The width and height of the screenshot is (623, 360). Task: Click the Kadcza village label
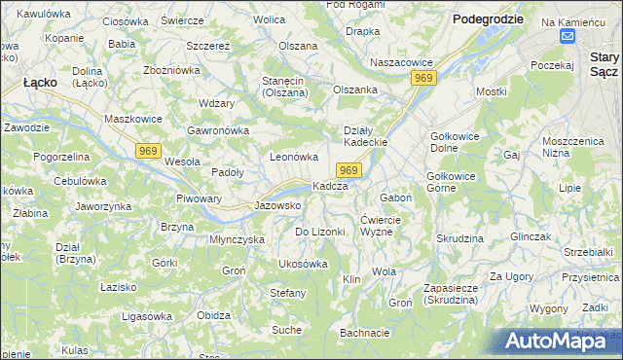tap(329, 186)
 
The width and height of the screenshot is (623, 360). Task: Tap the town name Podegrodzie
tap(488, 18)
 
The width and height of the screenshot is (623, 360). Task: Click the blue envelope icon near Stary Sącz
tap(568, 36)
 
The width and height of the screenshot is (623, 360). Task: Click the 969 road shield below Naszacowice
tap(422, 78)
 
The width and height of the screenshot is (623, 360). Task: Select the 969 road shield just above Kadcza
tap(351, 170)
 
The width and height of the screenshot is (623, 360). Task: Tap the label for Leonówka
tap(294, 157)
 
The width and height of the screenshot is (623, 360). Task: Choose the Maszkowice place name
tap(136, 120)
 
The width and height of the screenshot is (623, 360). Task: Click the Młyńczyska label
tap(238, 238)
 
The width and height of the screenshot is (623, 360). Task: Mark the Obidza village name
tap(213, 315)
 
